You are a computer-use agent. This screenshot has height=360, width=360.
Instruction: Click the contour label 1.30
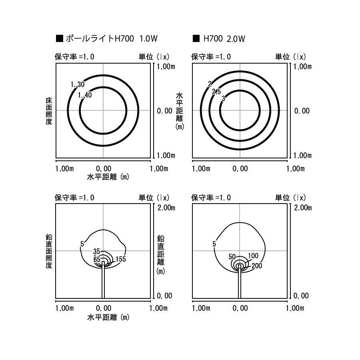(78, 84)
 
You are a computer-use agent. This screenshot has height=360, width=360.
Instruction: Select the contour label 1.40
(85, 95)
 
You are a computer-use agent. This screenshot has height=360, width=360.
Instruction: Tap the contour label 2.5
(216, 92)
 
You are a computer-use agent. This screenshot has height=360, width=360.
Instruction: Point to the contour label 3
(223, 98)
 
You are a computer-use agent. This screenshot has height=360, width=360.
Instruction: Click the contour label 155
(121, 259)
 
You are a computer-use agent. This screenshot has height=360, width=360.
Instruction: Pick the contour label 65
(97, 260)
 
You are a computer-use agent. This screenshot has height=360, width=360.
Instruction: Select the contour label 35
(97, 252)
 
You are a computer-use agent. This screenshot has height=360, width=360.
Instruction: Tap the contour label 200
(257, 266)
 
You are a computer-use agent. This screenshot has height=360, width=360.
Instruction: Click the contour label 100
(253, 256)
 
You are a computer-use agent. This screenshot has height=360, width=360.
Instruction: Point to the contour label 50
(232, 257)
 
